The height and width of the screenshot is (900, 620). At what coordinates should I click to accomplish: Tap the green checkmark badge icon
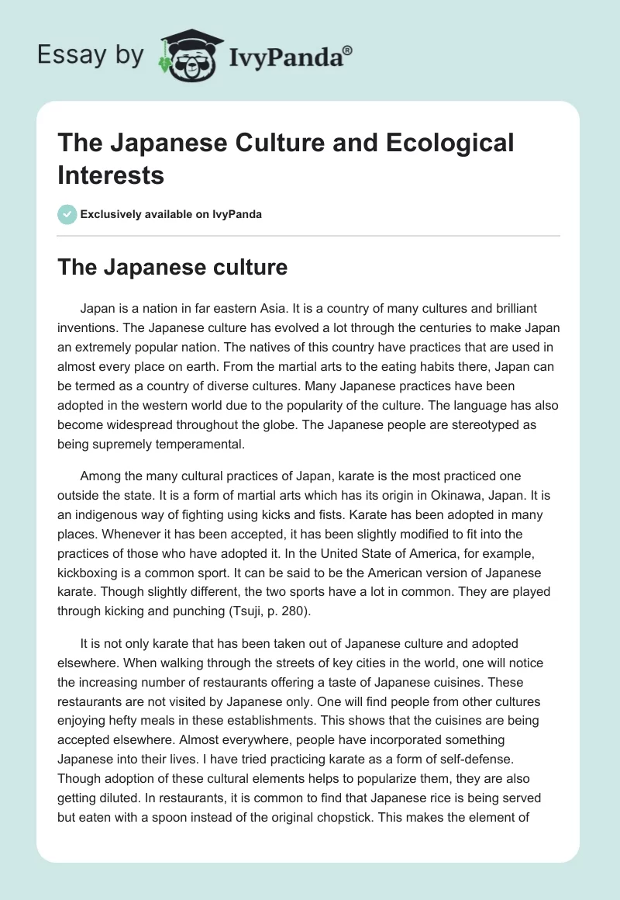pyautogui.click(x=67, y=214)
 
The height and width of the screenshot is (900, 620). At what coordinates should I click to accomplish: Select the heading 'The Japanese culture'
pyautogui.click(x=172, y=267)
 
